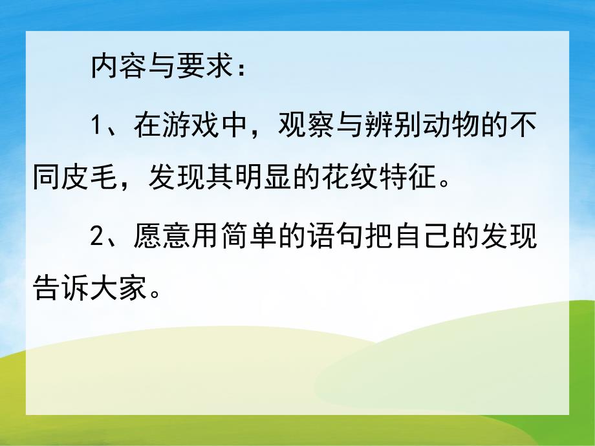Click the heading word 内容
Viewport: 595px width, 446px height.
[118, 69]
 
